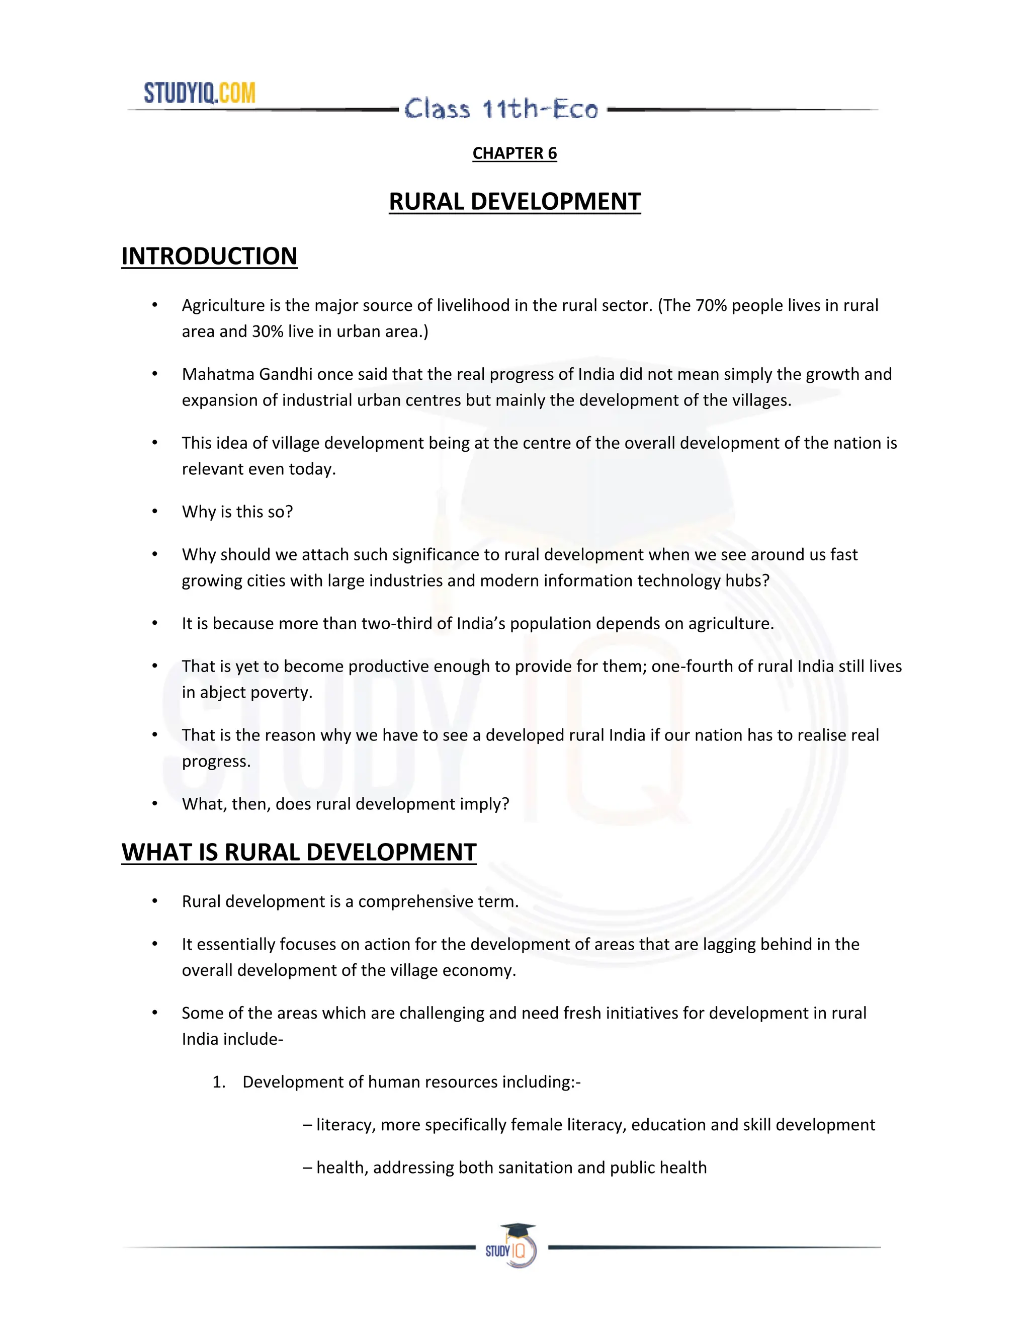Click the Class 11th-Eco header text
pyautogui.click(x=501, y=110)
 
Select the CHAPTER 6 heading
pyautogui.click(x=514, y=153)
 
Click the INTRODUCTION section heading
pyautogui.click(x=209, y=257)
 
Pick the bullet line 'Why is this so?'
pyautogui.click(x=237, y=512)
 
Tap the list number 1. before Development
pyautogui.click(x=218, y=1082)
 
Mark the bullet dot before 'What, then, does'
pyautogui.click(x=155, y=804)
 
